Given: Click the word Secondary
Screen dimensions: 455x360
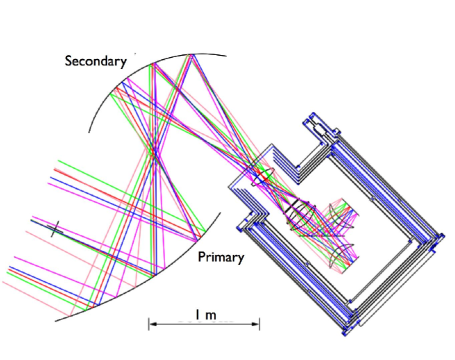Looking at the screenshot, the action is [x=96, y=61].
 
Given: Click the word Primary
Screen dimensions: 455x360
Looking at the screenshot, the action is [x=221, y=257].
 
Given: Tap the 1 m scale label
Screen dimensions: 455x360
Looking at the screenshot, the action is [x=206, y=314].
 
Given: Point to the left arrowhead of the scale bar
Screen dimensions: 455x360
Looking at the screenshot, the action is [x=151, y=324].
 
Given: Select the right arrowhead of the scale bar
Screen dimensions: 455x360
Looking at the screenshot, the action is [x=257, y=324].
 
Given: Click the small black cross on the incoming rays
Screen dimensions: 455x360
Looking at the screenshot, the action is [x=54, y=229].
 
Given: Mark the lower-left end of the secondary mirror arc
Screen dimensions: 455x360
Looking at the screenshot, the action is [x=89, y=132].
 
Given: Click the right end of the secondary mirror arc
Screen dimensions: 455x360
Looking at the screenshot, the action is [x=226, y=56].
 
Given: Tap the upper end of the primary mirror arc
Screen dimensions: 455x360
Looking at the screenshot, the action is [x=220, y=213].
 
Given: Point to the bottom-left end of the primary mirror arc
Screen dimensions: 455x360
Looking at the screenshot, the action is [x=55, y=321].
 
